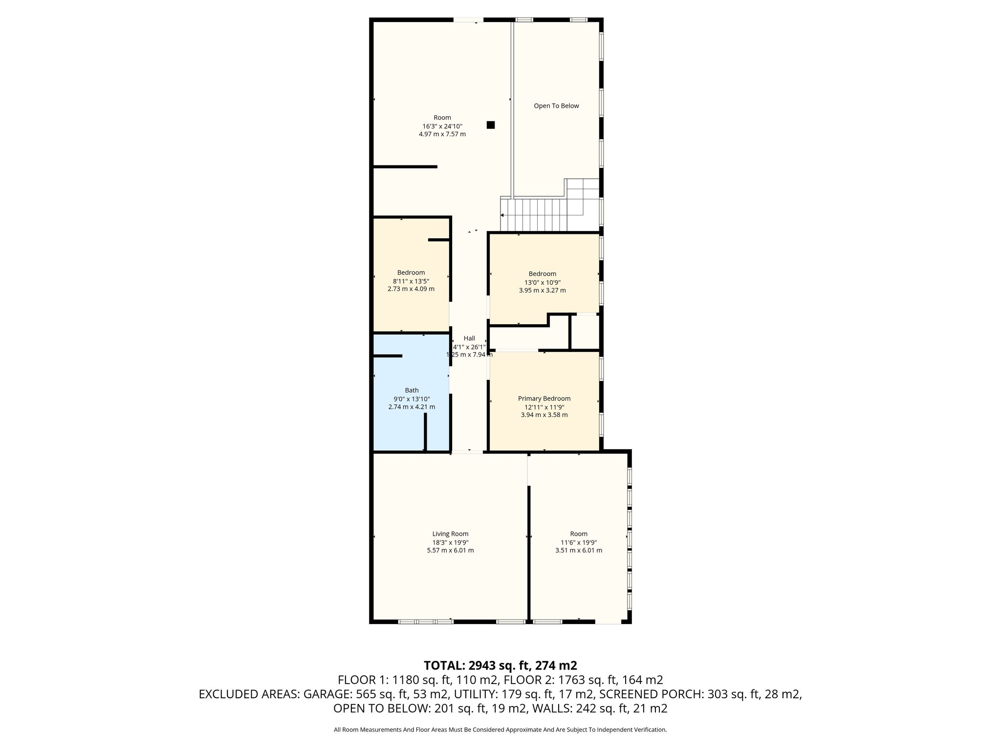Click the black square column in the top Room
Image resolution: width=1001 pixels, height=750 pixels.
click(x=491, y=125)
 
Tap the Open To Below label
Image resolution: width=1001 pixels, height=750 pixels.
click(x=556, y=106)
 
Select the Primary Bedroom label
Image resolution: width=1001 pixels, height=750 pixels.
click(x=544, y=398)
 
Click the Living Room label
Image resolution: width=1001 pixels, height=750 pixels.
click(x=450, y=534)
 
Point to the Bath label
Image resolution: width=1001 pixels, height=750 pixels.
click(x=412, y=390)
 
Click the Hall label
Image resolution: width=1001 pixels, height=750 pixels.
click(x=469, y=338)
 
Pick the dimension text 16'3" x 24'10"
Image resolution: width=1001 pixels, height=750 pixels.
click(x=442, y=126)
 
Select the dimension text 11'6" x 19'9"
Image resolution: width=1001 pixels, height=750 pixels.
click(x=579, y=542)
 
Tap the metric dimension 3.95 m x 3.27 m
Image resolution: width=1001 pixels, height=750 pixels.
click(x=543, y=291)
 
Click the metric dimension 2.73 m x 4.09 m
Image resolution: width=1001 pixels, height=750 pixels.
click(x=411, y=289)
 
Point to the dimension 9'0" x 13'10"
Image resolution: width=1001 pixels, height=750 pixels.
click(x=412, y=399)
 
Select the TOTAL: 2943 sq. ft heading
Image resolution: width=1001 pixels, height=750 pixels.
click(x=500, y=666)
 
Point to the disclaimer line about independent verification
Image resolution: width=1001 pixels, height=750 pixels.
click(x=500, y=730)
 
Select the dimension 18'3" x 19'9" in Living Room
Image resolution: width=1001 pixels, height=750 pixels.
click(x=450, y=542)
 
